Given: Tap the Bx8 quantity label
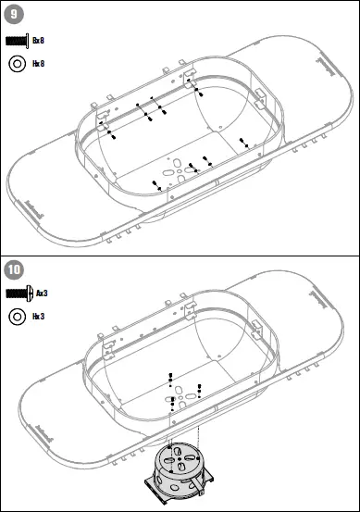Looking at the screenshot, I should click(x=38, y=42).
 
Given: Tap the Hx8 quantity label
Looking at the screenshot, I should click(x=38, y=63).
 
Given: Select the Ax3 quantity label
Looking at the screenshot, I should click(x=42, y=293).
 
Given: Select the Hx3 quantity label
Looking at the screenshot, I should click(x=38, y=316).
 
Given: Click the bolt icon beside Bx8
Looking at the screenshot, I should click(x=18, y=42).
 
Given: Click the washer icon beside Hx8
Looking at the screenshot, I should click(x=17, y=63).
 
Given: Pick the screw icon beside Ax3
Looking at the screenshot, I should click(x=19, y=293).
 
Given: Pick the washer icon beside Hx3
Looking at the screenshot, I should click(x=17, y=316).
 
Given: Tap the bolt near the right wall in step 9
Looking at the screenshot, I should click(x=243, y=142).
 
